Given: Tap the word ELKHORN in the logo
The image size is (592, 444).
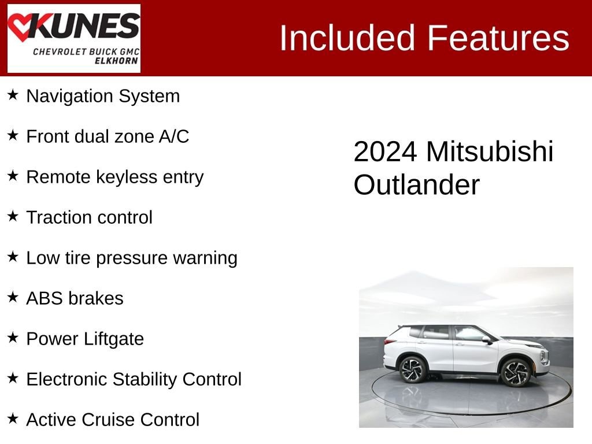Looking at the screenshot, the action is coord(116,61).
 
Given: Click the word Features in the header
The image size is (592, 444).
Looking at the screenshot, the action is coord(498,38).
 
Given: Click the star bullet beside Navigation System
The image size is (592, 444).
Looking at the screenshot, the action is coord(13,95).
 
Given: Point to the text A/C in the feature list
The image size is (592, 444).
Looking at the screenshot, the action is coord(173,136).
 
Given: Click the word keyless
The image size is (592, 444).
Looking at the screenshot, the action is coord(127,177).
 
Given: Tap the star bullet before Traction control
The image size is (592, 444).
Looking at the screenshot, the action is coord(13,216).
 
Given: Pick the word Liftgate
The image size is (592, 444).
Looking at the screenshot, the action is coord(114,339).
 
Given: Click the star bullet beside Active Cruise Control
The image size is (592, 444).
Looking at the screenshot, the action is coord(13,419).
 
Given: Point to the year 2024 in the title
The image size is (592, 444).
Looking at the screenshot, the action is coord(385,152).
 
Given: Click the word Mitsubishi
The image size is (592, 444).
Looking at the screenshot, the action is coord(490,151).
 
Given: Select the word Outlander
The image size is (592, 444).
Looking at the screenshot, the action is coord(417,184).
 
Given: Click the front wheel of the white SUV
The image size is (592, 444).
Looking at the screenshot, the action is coord(516,373).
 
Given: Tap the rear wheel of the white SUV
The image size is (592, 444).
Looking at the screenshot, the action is coord(412,369).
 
